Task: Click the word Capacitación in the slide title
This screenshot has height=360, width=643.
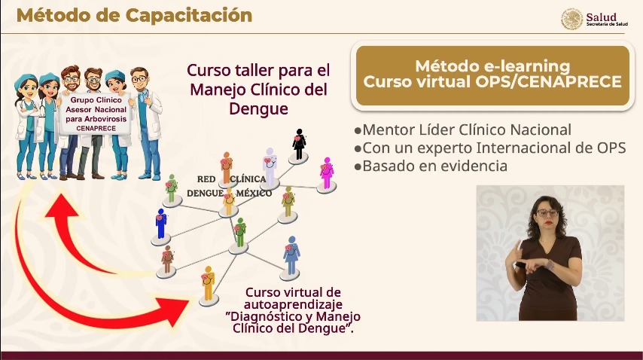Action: (x=189, y=16)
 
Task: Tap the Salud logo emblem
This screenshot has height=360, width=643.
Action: (x=571, y=20)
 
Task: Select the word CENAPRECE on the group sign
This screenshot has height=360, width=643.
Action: (x=96, y=128)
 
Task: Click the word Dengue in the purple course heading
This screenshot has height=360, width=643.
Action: (x=258, y=108)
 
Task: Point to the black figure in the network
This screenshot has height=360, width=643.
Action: (x=299, y=145)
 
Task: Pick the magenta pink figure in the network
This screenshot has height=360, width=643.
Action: (x=327, y=173)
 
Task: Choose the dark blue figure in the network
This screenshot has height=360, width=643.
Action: (x=161, y=224)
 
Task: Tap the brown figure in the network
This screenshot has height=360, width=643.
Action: (x=167, y=259)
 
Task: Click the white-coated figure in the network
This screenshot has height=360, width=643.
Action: (x=270, y=166)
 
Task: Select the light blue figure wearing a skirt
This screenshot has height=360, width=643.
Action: (x=291, y=255)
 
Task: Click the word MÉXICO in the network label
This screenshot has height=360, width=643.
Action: (x=254, y=193)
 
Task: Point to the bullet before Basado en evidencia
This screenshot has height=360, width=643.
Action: (x=358, y=166)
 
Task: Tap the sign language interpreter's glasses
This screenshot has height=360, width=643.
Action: (x=547, y=213)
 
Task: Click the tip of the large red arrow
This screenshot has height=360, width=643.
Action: (x=190, y=301)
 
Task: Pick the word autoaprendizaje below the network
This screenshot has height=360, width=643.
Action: (x=293, y=305)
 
